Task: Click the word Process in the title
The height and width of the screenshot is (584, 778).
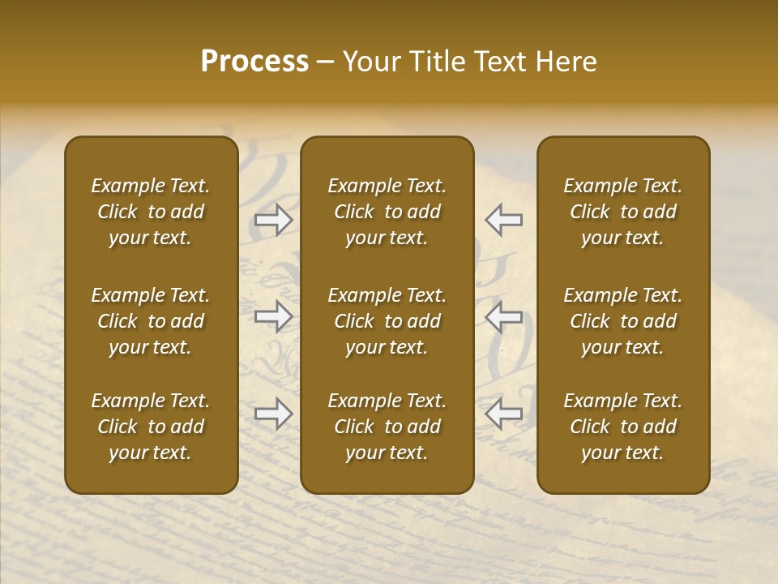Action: tap(254, 62)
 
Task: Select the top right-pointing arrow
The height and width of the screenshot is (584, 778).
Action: tap(274, 220)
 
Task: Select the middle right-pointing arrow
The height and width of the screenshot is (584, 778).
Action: tap(274, 316)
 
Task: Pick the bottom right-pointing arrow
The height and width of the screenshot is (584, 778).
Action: tap(274, 414)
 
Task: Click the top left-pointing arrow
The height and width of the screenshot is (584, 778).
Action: tap(503, 220)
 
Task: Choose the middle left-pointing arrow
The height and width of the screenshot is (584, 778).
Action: tap(503, 316)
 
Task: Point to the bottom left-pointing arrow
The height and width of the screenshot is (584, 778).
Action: tap(503, 414)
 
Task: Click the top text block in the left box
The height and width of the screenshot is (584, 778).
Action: tap(151, 212)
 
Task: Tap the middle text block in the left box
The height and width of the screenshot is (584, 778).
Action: tap(151, 321)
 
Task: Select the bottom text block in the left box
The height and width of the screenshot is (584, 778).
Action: tap(151, 427)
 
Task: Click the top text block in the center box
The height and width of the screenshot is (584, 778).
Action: tap(387, 212)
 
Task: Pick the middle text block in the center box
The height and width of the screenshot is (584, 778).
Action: tap(387, 321)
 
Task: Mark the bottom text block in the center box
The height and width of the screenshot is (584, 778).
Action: tap(387, 427)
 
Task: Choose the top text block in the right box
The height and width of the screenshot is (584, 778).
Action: tap(622, 212)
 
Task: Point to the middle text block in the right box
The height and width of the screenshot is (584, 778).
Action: tap(622, 321)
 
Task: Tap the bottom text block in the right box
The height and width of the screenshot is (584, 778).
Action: tap(622, 427)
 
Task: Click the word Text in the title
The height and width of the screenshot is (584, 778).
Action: tap(496, 62)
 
